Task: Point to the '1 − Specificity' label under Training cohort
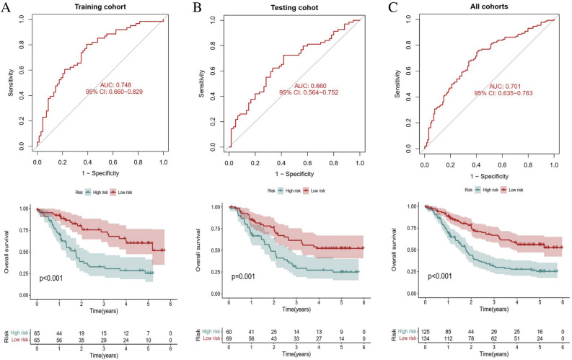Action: [x=100, y=174]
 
